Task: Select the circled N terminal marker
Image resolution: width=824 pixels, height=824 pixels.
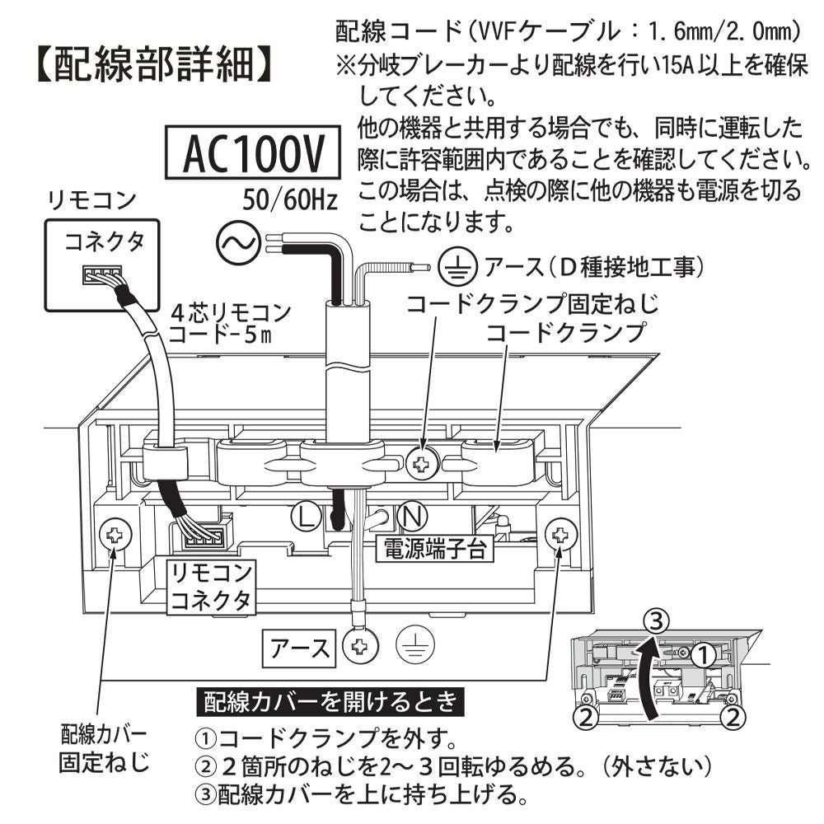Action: click(x=412, y=517)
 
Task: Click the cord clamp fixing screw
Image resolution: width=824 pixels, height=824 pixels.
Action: click(x=423, y=464)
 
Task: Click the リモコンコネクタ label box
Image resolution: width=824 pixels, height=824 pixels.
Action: click(x=210, y=587)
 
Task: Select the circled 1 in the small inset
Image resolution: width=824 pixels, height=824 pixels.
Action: click(x=701, y=655)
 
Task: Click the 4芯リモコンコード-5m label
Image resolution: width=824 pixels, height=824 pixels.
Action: click(x=230, y=323)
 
